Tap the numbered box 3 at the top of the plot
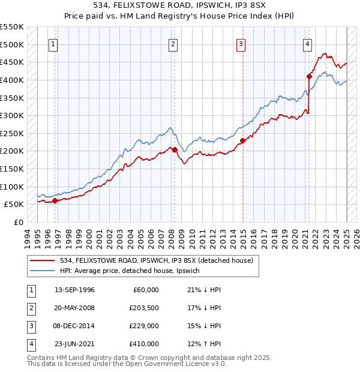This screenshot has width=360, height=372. pos(241,43)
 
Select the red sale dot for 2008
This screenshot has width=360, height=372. pos(175,150)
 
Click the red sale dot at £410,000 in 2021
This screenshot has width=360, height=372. pos(310,76)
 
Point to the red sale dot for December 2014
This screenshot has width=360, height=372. pos(243,141)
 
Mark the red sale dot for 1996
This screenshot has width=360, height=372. pos(55,201)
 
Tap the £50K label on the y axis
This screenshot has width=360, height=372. pos(14,205)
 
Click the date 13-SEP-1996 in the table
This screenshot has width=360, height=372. pos(74,290)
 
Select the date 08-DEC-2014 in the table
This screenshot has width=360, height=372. pos(74,326)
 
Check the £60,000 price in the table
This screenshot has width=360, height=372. pos(146,290)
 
